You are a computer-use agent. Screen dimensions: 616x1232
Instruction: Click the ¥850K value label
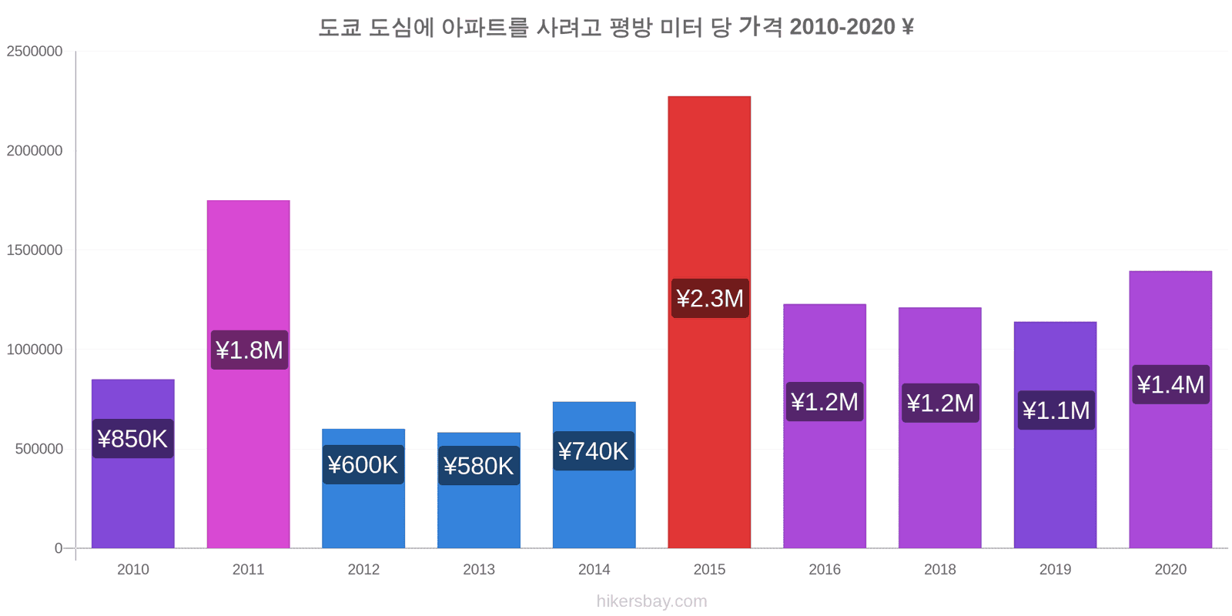[x=132, y=439]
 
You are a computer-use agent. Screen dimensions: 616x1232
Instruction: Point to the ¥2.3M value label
[x=710, y=298]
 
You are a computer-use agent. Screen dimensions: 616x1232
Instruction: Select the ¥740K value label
[x=594, y=451]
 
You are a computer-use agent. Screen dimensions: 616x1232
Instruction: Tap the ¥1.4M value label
[x=1170, y=384]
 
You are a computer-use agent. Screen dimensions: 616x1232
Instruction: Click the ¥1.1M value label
[x=1056, y=410]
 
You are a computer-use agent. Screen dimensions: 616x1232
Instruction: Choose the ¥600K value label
[x=363, y=465]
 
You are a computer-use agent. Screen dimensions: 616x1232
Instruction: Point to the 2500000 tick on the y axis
[x=35, y=52]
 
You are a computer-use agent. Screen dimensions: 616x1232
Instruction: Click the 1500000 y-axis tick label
[x=35, y=250]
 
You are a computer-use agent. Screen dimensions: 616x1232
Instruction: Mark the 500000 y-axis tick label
[x=39, y=449]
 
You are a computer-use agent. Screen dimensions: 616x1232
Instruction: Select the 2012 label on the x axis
[x=363, y=570]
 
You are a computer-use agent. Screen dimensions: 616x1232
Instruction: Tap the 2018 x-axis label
[x=940, y=570]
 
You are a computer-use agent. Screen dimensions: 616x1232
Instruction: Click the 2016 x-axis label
[x=825, y=570]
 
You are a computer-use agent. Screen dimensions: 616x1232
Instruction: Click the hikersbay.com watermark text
[x=651, y=601]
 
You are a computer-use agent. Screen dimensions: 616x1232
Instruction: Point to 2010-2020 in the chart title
[x=842, y=27]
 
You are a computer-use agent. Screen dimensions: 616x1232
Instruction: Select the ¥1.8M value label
[x=249, y=350]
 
